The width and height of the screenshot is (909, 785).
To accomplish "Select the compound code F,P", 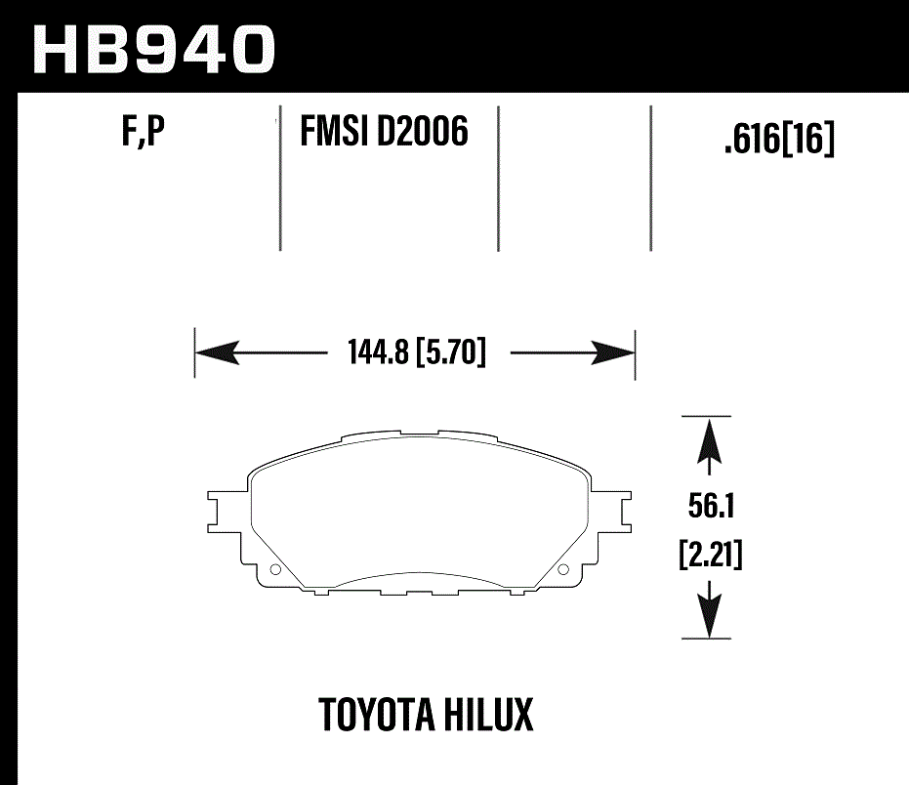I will pyautogui.click(x=143, y=134).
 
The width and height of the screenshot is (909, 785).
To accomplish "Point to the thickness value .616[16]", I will pyautogui.click(x=779, y=142).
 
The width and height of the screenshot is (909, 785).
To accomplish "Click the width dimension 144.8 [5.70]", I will pyautogui.click(x=416, y=351).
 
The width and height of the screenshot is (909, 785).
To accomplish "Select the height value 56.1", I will pyautogui.click(x=710, y=507).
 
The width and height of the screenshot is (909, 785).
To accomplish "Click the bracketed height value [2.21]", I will pyautogui.click(x=710, y=557).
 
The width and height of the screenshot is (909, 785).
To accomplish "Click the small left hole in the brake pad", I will pyautogui.click(x=274, y=570).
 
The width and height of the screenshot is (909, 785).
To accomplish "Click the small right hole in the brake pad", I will pyautogui.click(x=561, y=570).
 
